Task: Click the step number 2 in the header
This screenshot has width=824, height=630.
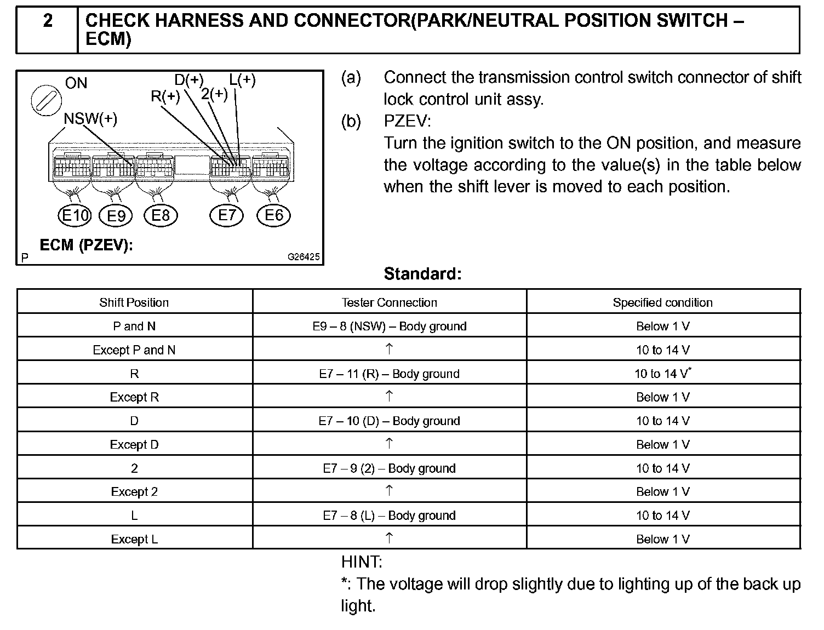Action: (48, 21)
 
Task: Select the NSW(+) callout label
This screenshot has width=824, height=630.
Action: (90, 119)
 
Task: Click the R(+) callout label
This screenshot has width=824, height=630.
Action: (165, 96)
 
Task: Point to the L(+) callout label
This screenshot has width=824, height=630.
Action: (242, 80)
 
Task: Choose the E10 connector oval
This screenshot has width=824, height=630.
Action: (74, 215)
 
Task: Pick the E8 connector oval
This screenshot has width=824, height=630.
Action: (161, 215)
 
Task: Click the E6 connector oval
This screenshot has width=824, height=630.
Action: (273, 215)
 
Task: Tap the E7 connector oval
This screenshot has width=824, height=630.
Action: (226, 215)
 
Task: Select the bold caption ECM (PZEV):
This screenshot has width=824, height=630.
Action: (87, 245)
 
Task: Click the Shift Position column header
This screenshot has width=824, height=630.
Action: (134, 302)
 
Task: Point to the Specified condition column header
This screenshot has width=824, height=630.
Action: (662, 302)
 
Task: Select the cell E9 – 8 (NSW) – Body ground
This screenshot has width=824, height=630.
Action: (389, 327)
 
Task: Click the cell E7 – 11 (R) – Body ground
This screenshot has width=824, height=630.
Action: (389, 374)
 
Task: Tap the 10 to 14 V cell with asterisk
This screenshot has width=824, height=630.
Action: (662, 374)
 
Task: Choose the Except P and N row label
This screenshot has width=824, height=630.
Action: (134, 350)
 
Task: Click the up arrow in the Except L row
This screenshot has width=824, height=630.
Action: (389, 538)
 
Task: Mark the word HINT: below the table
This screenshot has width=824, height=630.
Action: (362, 562)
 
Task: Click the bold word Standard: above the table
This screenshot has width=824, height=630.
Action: (422, 273)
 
